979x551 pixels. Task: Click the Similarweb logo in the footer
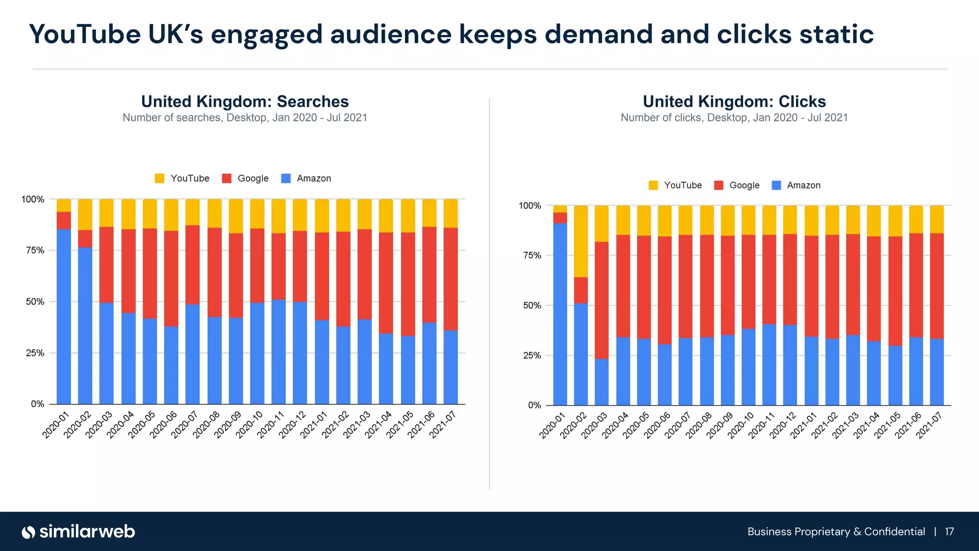tap(78, 532)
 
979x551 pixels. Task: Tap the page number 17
tap(949, 532)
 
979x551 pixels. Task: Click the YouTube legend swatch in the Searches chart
tap(160, 178)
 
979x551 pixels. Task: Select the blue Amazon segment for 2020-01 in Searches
tap(64, 316)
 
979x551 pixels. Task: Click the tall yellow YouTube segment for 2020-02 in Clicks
tap(581, 242)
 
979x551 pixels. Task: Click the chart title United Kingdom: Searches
tap(245, 101)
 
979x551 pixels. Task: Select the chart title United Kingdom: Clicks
tap(734, 101)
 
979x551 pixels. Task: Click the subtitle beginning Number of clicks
tap(734, 118)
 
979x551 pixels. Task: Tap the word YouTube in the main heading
tap(85, 34)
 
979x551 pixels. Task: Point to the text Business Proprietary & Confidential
tap(836, 532)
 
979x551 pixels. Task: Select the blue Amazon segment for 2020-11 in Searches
tap(279, 352)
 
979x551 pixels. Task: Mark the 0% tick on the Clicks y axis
tap(534, 405)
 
